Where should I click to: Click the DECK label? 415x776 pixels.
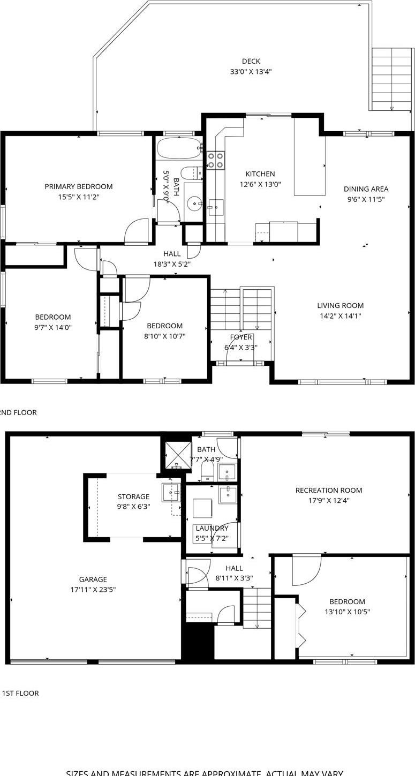click(251, 61)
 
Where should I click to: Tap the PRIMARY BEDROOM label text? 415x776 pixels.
click(79, 186)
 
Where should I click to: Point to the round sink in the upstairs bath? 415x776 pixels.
click(194, 203)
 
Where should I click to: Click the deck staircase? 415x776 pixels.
click(392, 79)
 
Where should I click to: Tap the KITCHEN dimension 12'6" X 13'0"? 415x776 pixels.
click(260, 184)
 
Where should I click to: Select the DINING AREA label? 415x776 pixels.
click(366, 189)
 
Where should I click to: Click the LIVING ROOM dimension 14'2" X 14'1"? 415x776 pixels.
click(340, 316)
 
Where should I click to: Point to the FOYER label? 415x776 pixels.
click(241, 337)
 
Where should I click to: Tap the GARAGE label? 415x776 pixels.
click(93, 579)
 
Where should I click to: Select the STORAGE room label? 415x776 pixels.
click(133, 496)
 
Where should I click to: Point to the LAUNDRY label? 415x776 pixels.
click(212, 528)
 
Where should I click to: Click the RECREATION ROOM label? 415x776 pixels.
click(329, 490)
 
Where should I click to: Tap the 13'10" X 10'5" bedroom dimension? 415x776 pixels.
click(347, 612)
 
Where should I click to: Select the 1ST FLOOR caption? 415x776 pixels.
click(20, 693)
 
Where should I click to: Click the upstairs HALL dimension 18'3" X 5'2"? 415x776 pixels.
click(172, 263)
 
